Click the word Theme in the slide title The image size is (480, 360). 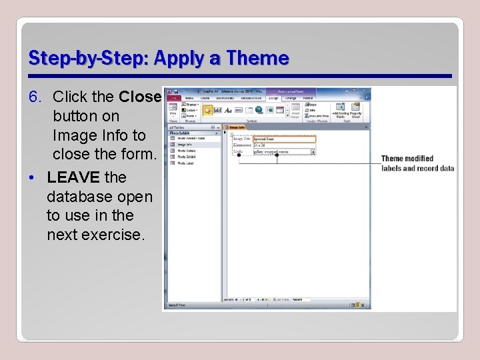click(x=257, y=59)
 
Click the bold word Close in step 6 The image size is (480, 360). click(x=140, y=97)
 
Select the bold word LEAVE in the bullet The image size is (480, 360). click(x=73, y=178)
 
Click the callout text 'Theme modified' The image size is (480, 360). click(x=407, y=159)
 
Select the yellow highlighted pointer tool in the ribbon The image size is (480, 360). click(x=207, y=110)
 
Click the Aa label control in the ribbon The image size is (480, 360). click(x=228, y=110)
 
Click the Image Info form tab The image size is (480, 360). click(x=237, y=127)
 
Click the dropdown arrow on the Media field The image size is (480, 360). click(x=313, y=152)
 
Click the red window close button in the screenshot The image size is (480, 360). click(x=367, y=91)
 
